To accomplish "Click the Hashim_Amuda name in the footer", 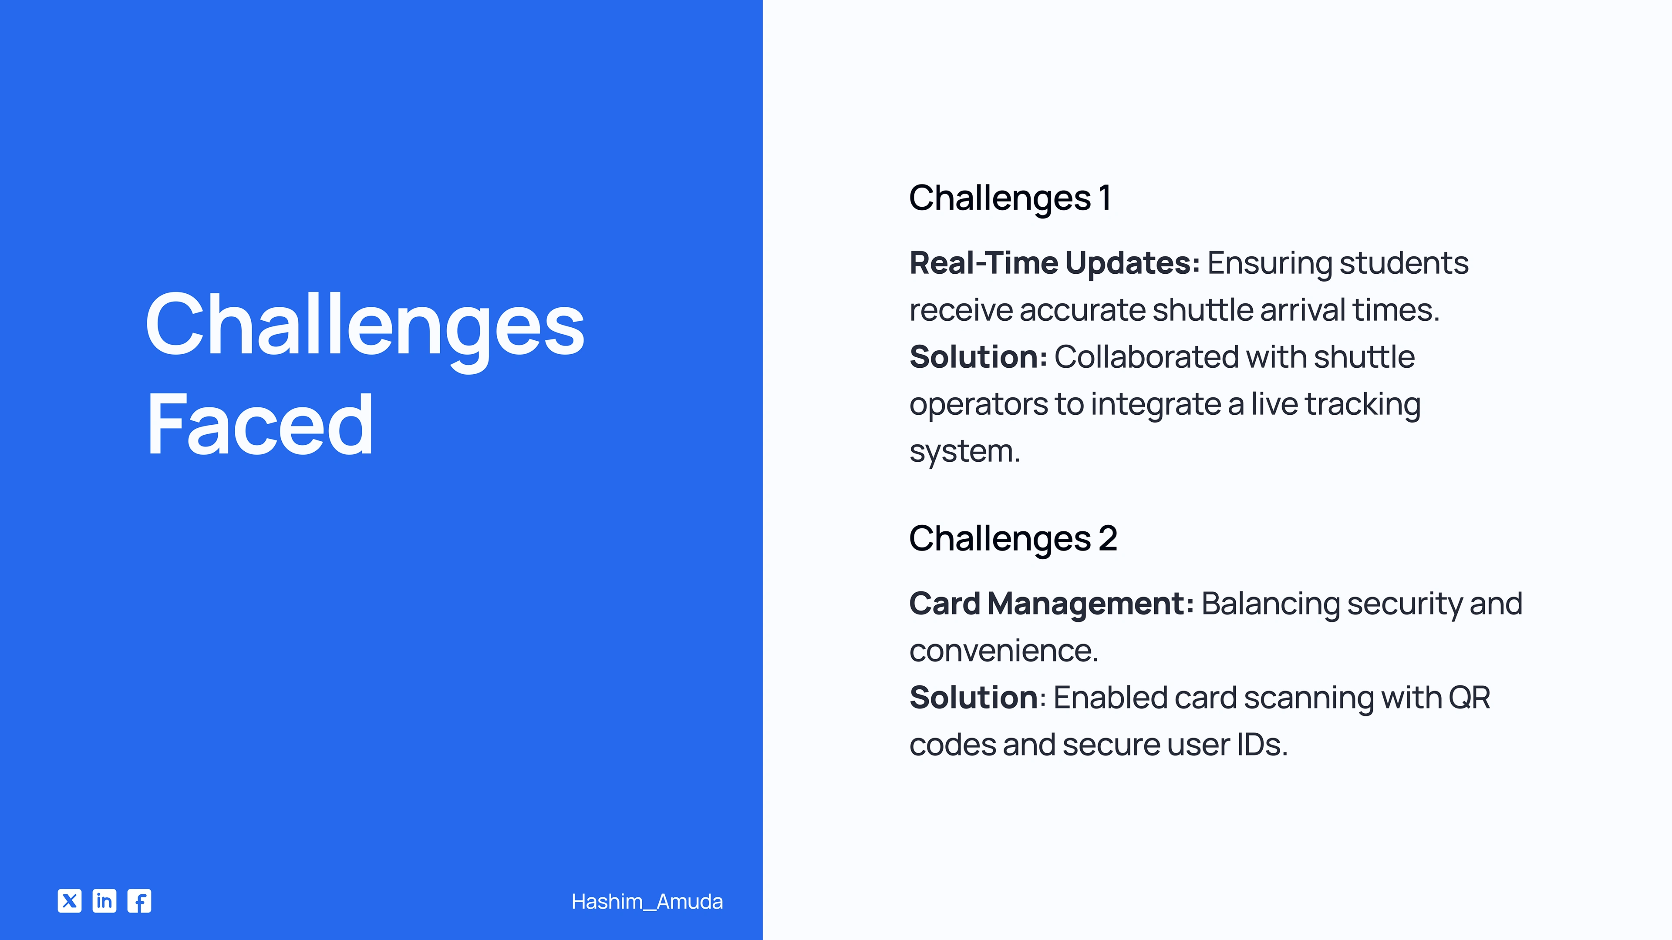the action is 647,902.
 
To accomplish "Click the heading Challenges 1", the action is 1010,198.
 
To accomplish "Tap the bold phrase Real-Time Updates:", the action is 1055,263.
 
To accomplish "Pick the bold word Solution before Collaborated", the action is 978,357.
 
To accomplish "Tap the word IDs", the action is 1262,745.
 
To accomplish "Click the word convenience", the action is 1004,651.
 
